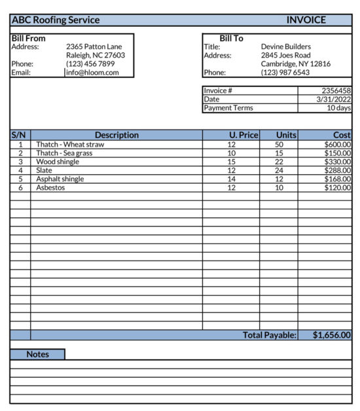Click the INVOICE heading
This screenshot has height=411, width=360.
point(306,20)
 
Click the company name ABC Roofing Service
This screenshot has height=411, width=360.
point(56,20)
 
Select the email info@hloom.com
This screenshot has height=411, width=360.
point(92,73)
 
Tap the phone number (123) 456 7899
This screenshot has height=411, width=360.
point(90,64)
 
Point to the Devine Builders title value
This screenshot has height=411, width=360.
point(285,47)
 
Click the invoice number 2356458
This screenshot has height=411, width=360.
point(336,91)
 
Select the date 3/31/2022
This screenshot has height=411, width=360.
point(334,99)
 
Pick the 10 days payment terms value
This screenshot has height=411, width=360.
point(338,108)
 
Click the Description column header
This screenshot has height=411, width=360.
point(117,135)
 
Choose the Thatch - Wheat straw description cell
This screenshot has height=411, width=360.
point(70,145)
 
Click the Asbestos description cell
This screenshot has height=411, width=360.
point(50,188)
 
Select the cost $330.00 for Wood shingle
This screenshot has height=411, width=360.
point(338,162)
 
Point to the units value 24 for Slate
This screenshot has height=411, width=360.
point(279,170)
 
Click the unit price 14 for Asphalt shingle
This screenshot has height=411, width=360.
point(231,179)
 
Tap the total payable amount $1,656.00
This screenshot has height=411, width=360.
point(331,335)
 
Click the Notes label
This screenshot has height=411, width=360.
point(38,354)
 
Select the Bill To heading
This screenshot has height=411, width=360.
point(231,39)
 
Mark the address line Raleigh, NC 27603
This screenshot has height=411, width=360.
point(96,56)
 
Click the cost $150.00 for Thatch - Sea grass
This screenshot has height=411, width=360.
point(338,153)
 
